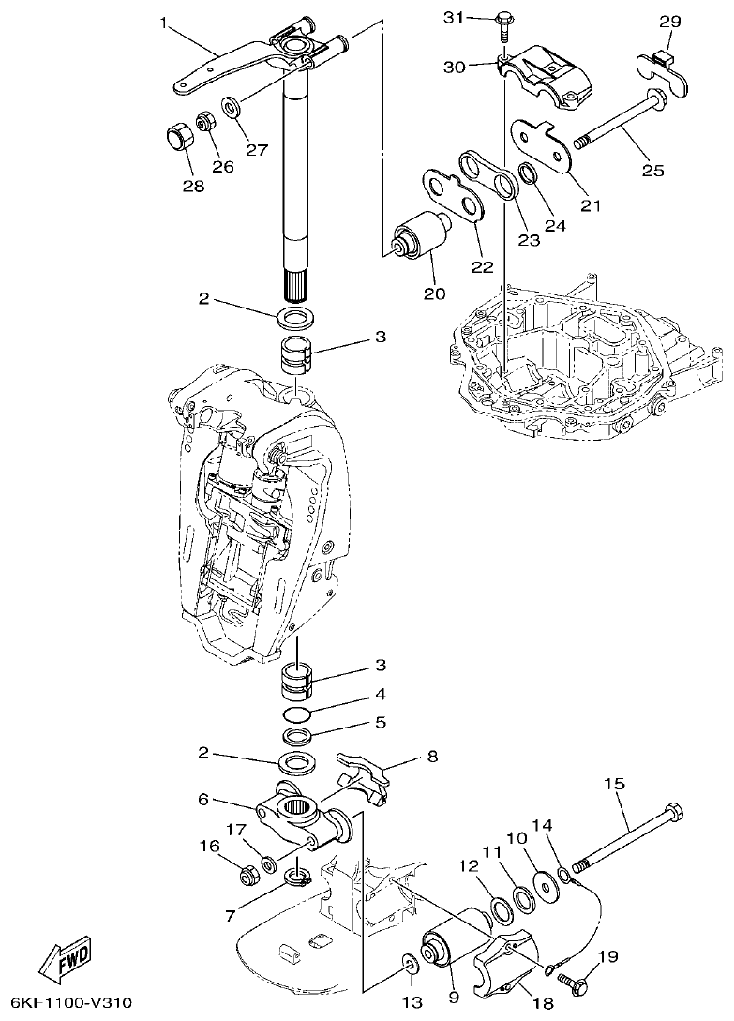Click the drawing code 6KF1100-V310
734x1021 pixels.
pos(67,1004)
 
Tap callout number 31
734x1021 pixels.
pos(454,18)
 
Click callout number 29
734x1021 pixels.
pos(669,22)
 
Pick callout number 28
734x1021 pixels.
pos(192,186)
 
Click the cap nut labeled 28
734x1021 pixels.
pos(178,138)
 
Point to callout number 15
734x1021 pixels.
pos(614,784)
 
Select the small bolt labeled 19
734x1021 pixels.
pos(573,981)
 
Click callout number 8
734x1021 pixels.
pos(432,756)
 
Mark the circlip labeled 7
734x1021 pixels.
pos(297,878)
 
